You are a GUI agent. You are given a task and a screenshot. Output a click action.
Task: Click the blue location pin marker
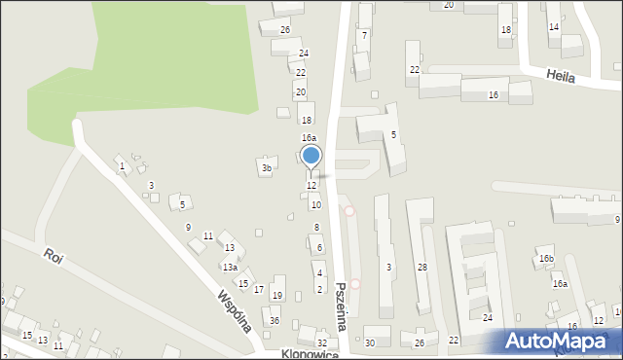311,156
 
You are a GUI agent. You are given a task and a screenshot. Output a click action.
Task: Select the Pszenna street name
341,306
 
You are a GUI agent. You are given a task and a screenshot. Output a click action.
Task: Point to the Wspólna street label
235,310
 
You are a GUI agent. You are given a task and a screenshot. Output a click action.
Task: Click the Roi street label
53,258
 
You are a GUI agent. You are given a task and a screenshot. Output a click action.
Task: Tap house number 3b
267,168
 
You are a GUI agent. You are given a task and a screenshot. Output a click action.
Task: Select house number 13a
230,267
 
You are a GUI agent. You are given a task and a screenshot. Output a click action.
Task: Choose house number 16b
546,259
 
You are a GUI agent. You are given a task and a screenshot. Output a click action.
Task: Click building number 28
421,267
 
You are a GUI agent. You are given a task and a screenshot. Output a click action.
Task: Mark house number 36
275,321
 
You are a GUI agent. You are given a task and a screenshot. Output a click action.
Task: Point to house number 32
322,342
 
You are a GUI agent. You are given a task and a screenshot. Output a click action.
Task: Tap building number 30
370,342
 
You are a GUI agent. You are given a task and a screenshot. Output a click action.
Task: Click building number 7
364,35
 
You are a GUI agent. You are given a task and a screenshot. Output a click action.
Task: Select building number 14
554,27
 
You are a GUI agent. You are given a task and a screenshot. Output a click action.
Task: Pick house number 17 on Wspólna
258,290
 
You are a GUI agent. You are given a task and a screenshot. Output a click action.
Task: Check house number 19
277,296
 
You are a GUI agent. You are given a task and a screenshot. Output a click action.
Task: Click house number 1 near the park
122,167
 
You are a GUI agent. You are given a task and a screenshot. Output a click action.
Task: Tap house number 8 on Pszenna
316,227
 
